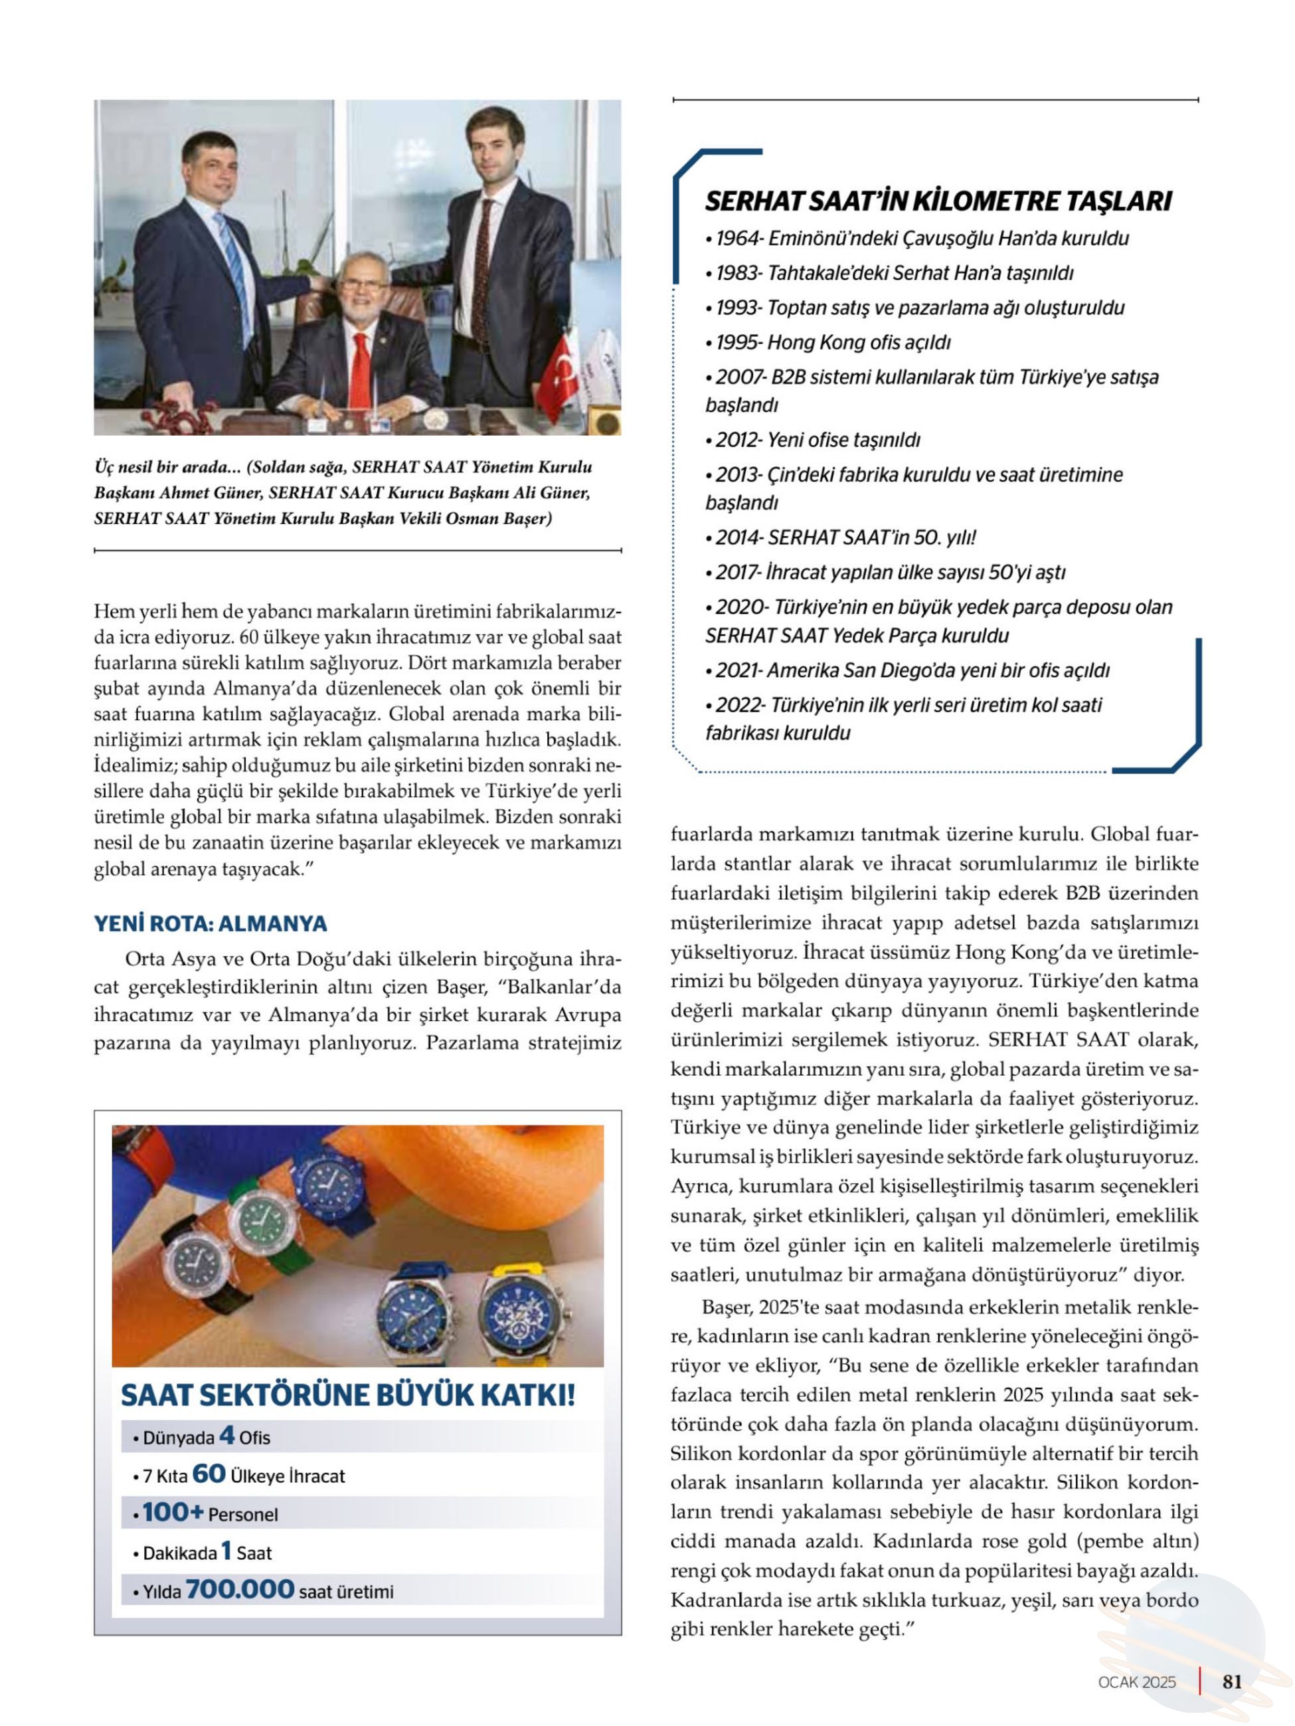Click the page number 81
point(1232,1681)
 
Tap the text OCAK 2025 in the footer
point(1137,1681)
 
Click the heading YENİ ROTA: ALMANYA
point(211,924)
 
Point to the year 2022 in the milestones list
point(738,706)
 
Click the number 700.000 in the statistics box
point(240,1588)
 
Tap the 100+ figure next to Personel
point(173,1512)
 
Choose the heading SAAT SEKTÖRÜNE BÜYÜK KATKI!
point(348,1395)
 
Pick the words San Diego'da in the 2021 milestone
point(893,670)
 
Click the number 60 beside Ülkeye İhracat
point(209,1473)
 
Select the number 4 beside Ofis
point(226,1435)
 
